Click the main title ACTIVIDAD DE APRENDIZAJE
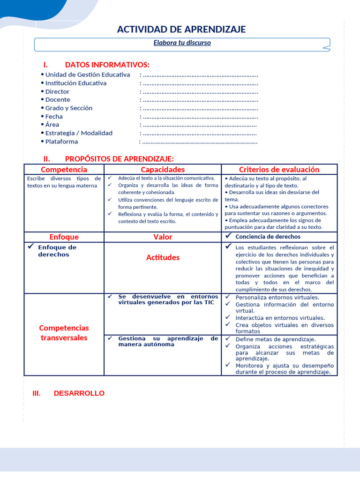tap(181, 30)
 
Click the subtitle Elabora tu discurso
tap(182, 43)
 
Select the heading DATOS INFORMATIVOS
tap(107, 65)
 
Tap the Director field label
tap(57, 91)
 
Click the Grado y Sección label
tap(69, 108)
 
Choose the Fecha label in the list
tap(54, 116)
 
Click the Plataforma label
tap(61, 142)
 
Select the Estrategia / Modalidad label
tap(79, 133)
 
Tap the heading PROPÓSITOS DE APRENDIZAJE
tap(119, 159)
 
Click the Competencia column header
tap(64, 169)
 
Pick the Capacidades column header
tap(163, 169)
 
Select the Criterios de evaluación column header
tap(279, 169)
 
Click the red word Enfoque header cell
tap(64, 237)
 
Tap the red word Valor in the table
tap(163, 237)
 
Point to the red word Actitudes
tap(163, 257)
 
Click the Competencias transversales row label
tap(64, 333)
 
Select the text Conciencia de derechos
tap(268, 237)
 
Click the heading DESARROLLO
tap(79, 393)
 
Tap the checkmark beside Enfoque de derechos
tap(30, 246)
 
